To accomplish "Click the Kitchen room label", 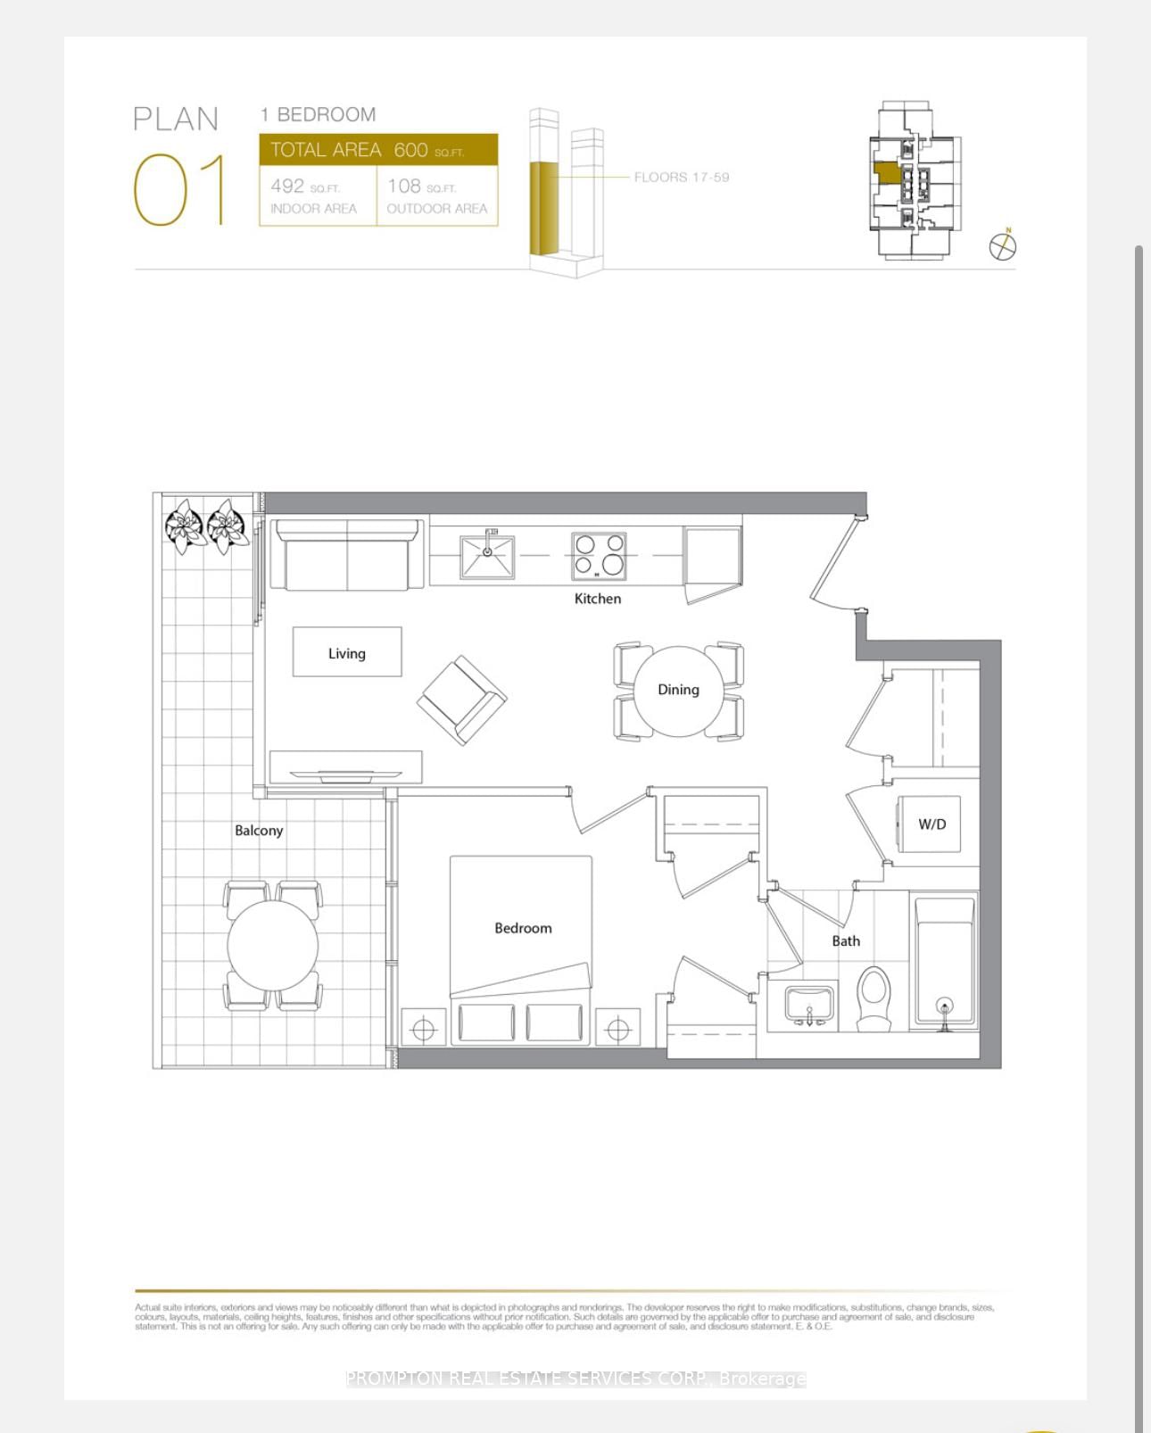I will pyautogui.click(x=597, y=599).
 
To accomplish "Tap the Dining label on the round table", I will pyautogui.click(x=678, y=690).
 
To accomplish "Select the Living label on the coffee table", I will pyautogui.click(x=346, y=654).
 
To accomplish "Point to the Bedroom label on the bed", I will pyautogui.click(x=523, y=928).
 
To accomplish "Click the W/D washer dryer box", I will pyautogui.click(x=930, y=824).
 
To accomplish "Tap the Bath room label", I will pyautogui.click(x=846, y=941).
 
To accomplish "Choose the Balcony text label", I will pyautogui.click(x=259, y=831).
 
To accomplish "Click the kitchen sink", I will pyautogui.click(x=487, y=556).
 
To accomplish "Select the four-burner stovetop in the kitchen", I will pyautogui.click(x=599, y=556).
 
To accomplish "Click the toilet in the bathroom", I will pyautogui.click(x=874, y=998).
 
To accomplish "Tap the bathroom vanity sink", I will pyautogui.click(x=809, y=1005).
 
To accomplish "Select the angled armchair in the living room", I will pyautogui.click(x=461, y=700).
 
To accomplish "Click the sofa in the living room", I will pyautogui.click(x=347, y=555).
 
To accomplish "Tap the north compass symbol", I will pyautogui.click(x=1003, y=245).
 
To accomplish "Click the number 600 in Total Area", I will pyautogui.click(x=410, y=150).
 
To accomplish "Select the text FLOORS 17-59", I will pyautogui.click(x=681, y=178).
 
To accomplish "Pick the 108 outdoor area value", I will pyautogui.click(x=404, y=186).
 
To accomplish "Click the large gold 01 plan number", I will pyautogui.click(x=179, y=189).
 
